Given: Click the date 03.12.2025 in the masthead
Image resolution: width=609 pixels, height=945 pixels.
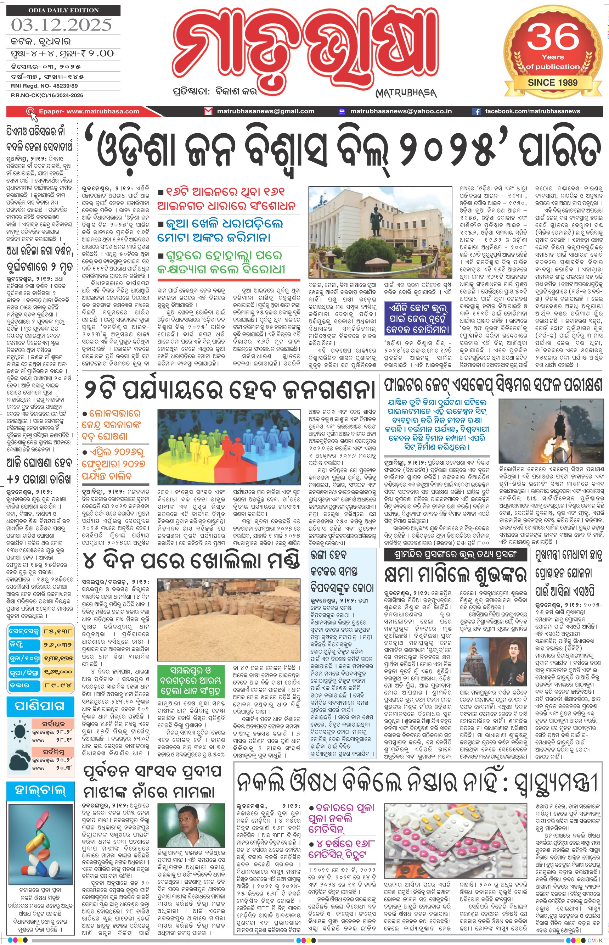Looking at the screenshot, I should coord(61,25).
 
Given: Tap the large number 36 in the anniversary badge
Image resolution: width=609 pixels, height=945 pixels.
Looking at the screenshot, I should coord(553,37).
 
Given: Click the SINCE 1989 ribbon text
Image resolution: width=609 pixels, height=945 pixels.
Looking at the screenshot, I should coord(552,83).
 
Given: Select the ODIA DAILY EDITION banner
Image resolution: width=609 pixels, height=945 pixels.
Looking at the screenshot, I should coord(63,10).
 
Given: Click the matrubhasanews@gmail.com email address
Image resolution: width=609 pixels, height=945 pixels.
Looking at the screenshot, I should coord(265,112).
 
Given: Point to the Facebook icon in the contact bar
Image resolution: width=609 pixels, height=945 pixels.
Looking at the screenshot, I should coord(477,112).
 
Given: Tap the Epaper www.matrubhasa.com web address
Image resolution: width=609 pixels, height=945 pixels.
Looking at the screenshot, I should coord(89,112).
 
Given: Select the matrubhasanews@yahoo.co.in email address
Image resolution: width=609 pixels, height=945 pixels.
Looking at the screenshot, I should coord(401,112).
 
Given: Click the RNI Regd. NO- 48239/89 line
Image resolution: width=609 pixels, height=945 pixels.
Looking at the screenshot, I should coord(44,86).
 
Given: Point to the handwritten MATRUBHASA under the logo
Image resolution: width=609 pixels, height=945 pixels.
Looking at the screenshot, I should coord(406,93).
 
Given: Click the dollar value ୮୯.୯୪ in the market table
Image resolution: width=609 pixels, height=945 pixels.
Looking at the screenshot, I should coord(57,685).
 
